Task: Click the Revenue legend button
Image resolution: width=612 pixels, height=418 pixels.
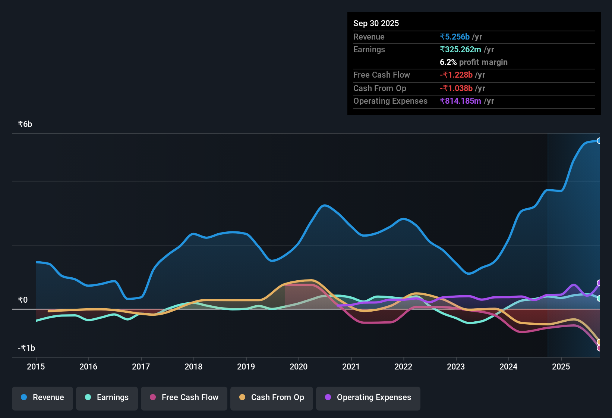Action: click(x=42, y=397)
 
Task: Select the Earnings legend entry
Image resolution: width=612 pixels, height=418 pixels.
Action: click(x=107, y=397)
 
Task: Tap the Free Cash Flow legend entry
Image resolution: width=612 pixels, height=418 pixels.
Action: click(x=184, y=397)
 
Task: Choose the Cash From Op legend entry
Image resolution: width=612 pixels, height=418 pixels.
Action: click(x=272, y=397)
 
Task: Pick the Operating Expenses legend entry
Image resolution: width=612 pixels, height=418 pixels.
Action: click(x=368, y=397)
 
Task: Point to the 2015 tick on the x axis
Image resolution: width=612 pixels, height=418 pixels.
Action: click(x=36, y=366)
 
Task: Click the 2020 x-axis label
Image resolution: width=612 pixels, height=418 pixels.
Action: click(x=299, y=366)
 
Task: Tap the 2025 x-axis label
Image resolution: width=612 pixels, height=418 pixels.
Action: click(x=561, y=366)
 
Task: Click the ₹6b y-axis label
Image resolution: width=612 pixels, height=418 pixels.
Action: click(x=25, y=124)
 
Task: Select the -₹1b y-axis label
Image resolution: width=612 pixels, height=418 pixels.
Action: click(x=26, y=348)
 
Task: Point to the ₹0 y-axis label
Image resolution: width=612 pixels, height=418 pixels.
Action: click(x=23, y=300)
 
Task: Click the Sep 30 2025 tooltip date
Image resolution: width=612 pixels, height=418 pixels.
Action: click(x=376, y=23)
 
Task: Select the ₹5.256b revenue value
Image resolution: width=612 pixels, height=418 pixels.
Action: click(x=455, y=37)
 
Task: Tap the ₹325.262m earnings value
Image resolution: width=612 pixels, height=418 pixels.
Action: click(x=460, y=49)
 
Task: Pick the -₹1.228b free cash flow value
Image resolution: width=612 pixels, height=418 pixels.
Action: click(x=456, y=75)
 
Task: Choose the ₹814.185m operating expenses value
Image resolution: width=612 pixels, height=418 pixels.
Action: click(x=460, y=101)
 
